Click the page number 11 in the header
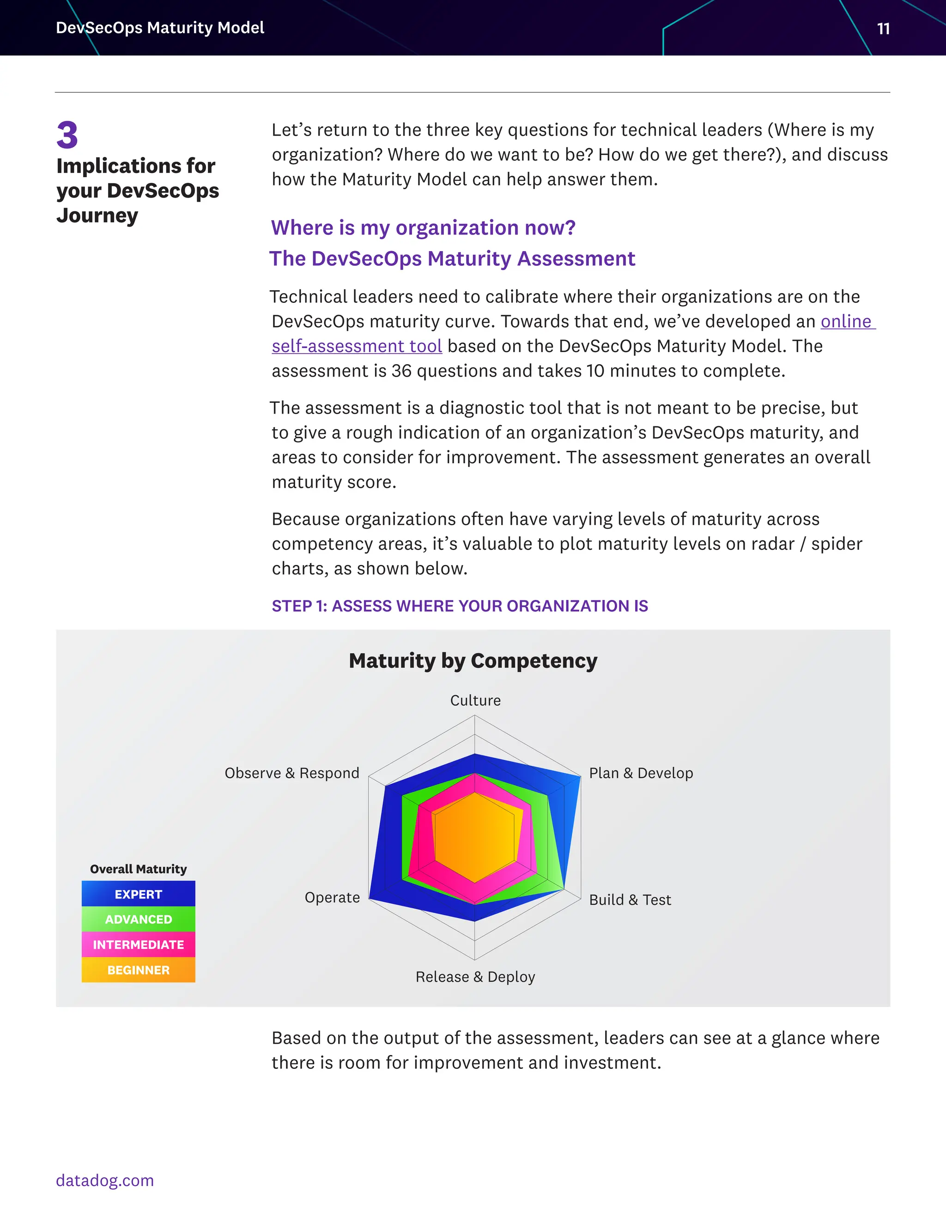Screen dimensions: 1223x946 (883, 29)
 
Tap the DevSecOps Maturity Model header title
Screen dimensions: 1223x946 (160, 27)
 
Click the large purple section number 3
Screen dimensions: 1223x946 (67, 136)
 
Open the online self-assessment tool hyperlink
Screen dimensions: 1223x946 (357, 346)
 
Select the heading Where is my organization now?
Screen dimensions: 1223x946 (423, 228)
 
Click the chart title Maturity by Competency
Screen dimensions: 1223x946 (473, 661)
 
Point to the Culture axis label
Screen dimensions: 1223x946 (475, 701)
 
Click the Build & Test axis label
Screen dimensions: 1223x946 (630, 900)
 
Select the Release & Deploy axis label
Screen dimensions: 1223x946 (475, 977)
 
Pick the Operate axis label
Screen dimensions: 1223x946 (332, 898)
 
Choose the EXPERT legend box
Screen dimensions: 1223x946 (139, 894)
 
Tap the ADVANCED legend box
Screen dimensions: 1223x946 (139, 919)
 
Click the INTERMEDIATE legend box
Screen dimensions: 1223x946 (139, 945)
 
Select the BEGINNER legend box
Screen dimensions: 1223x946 (139, 970)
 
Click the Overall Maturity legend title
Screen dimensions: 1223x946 (139, 869)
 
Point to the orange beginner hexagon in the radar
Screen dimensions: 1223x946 (474, 838)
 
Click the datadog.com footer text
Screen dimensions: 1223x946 (105, 1181)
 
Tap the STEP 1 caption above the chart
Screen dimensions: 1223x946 (460, 606)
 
